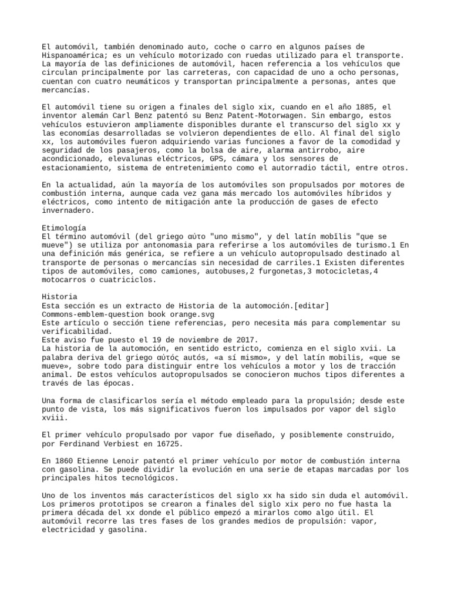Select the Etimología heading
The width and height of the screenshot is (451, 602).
point(65,228)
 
